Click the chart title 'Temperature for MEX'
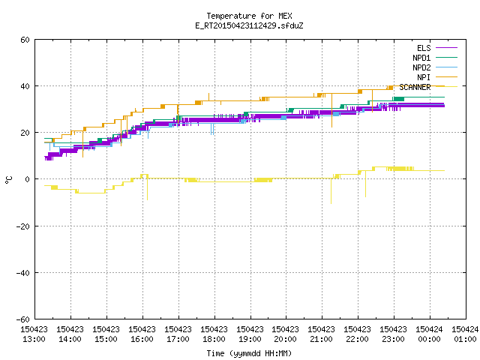point(249,16)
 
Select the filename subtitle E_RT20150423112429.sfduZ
point(249,25)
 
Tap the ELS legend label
point(424,48)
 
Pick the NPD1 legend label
point(421,58)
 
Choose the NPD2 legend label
point(421,67)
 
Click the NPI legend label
point(424,77)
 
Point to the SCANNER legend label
point(415,87)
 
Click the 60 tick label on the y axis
point(25,40)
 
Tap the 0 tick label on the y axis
point(27,179)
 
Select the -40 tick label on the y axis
point(23,273)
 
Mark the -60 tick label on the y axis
point(23,319)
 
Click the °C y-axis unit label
point(8,180)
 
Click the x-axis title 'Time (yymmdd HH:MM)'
point(249,353)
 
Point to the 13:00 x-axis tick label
point(34,339)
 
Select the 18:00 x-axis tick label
point(214,339)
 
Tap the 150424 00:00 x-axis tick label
point(429,334)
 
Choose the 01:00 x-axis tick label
point(465,339)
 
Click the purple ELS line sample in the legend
point(446,48)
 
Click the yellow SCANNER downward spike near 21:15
point(331,190)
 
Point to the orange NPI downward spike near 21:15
point(331,110)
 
